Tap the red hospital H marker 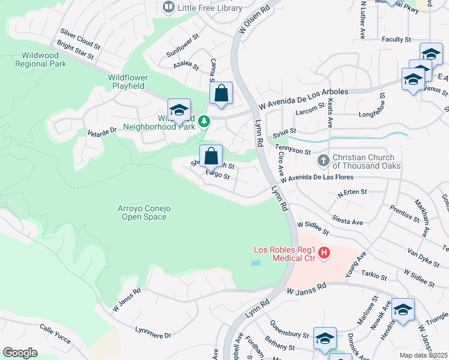(x=324, y=253)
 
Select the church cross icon (x=323, y=160)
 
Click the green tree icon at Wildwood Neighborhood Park (x=204, y=122)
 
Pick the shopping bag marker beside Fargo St (x=211, y=157)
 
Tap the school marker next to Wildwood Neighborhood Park (x=179, y=110)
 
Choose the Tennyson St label (x=293, y=150)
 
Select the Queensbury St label (x=288, y=336)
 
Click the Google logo (x=20, y=352)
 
